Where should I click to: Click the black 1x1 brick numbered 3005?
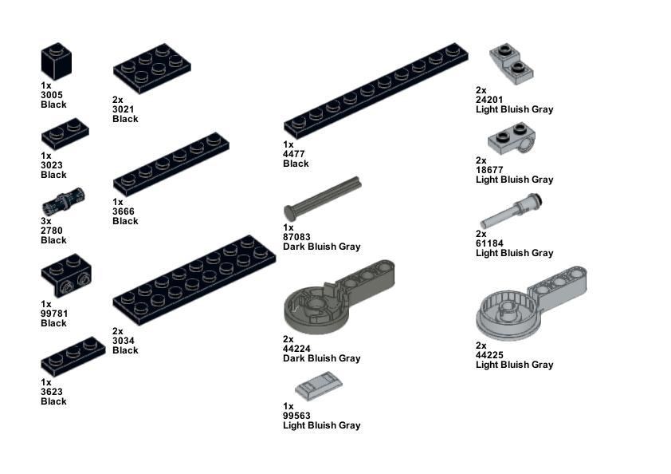(56, 61)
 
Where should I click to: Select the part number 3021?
(124, 109)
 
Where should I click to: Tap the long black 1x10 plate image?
(375, 90)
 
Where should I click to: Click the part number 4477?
(293, 154)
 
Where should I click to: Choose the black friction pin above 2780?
(63, 201)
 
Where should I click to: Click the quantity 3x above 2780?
(46, 221)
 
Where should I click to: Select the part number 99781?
(54, 314)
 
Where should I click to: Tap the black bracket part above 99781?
(66, 275)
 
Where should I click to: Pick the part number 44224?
(296, 349)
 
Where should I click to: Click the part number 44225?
(489, 355)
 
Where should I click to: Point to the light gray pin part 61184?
(511, 211)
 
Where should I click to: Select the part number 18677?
(489, 170)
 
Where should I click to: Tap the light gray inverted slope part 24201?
(512, 64)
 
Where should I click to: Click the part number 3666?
(124, 211)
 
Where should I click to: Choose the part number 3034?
(124, 341)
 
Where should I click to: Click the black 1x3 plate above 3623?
(73, 357)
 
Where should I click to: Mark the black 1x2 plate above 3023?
(65, 134)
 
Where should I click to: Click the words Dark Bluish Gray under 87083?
(322, 247)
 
